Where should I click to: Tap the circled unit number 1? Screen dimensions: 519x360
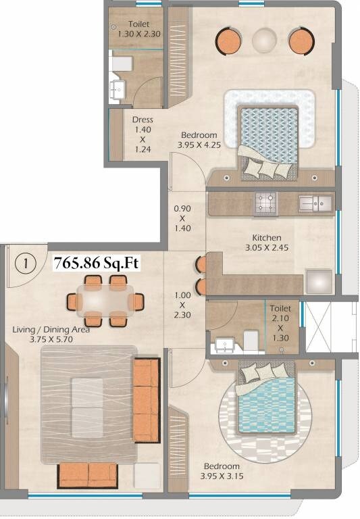26,264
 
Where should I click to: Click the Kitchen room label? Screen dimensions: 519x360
267,238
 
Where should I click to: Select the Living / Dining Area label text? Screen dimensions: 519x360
51,330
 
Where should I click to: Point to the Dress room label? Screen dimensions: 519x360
142,120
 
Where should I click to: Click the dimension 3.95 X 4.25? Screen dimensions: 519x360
199,145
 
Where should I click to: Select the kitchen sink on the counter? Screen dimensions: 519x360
313,201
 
